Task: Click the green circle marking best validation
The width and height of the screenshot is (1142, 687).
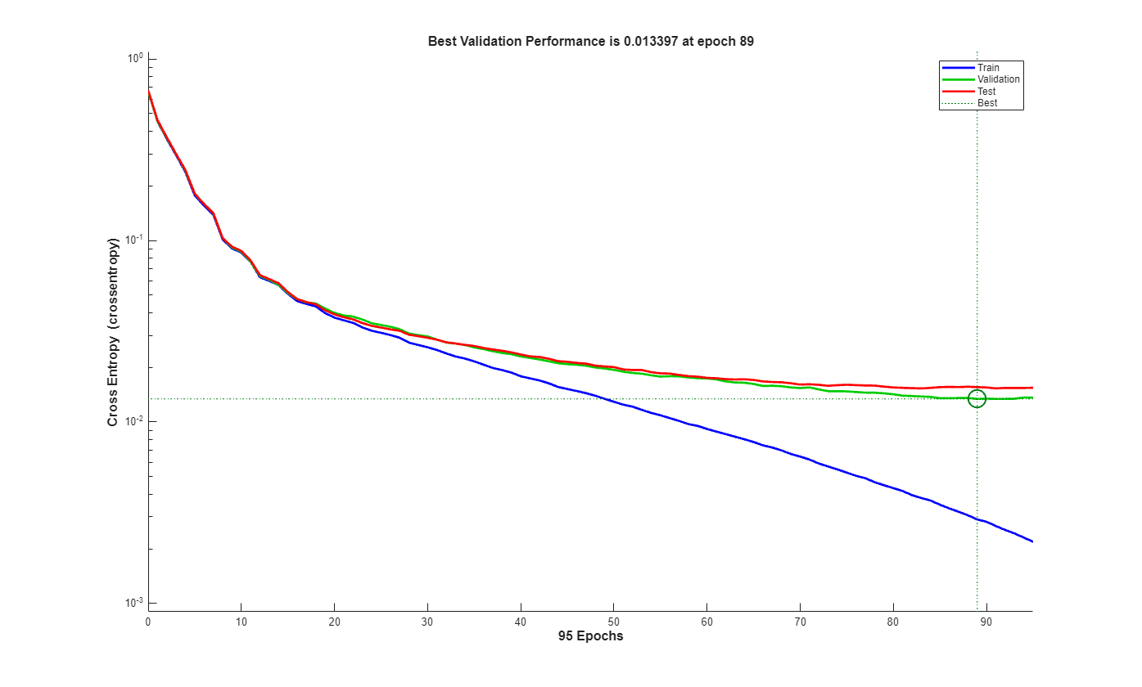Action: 977,398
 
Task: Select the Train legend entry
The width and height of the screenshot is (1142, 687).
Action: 988,68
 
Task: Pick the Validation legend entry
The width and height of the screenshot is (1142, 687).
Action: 998,79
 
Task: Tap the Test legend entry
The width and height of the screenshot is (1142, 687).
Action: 986,92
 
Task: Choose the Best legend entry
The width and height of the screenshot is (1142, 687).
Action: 987,103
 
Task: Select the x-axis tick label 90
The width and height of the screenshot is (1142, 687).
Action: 986,622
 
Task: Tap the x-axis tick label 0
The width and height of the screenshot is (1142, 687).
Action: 148,622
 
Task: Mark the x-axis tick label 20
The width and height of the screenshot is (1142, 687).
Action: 334,622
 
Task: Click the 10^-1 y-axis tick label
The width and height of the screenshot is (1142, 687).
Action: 133,240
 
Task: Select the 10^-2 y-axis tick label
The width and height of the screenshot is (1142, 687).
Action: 133,421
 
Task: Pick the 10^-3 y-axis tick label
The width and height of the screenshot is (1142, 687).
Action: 133,603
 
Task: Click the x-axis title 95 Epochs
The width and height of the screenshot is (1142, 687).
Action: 590,636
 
